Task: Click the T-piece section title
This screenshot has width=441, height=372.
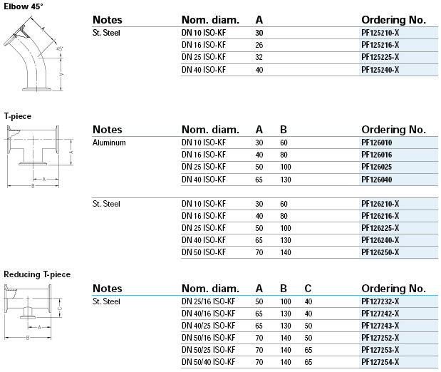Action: [18, 115]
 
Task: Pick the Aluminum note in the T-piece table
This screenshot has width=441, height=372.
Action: [109, 143]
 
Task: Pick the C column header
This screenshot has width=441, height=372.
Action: [307, 289]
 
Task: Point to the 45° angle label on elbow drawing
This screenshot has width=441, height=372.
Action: [60, 48]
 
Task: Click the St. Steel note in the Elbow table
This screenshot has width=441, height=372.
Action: [107, 33]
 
